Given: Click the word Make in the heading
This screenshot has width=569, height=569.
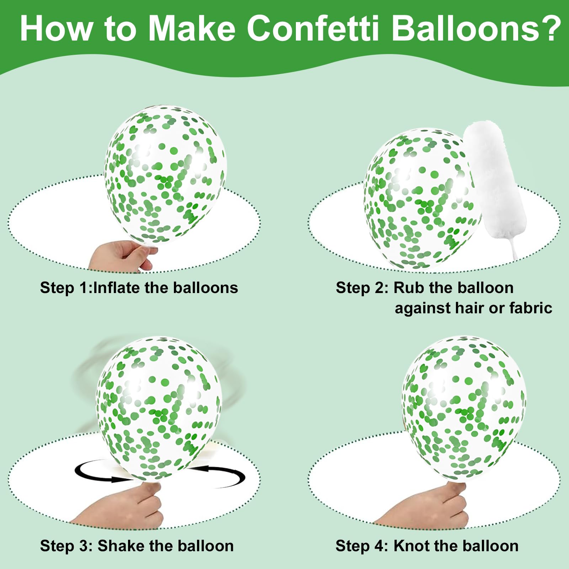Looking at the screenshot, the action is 192,28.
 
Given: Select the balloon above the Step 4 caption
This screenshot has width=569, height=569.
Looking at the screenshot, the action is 464,409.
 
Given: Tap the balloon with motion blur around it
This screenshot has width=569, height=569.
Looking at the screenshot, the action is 159,409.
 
